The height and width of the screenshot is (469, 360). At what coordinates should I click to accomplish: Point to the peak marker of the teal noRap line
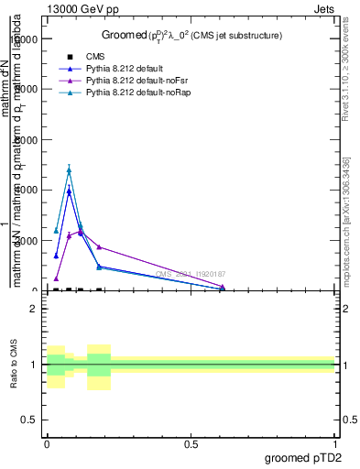pyautogui.click(x=69, y=169)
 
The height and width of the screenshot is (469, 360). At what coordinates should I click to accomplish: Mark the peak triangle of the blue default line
pyautogui.click(x=69, y=191)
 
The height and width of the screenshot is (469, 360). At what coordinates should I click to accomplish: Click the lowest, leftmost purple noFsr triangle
pyautogui.click(x=56, y=278)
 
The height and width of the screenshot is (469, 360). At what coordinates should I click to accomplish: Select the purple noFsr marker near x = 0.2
pyautogui.click(x=99, y=246)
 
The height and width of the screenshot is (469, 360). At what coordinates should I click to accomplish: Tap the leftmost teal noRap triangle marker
pyautogui.click(x=56, y=231)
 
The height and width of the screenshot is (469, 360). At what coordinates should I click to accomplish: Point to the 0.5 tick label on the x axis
pyautogui.click(x=191, y=442)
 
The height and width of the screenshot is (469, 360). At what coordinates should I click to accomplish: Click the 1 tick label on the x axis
pyautogui.click(x=335, y=442)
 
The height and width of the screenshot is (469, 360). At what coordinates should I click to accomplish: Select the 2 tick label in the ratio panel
pyautogui.click(x=34, y=310)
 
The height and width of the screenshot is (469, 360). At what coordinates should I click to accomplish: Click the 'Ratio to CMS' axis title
pyautogui.click(x=15, y=365)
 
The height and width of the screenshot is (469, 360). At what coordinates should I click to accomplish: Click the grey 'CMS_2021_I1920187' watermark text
pyautogui.click(x=190, y=274)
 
